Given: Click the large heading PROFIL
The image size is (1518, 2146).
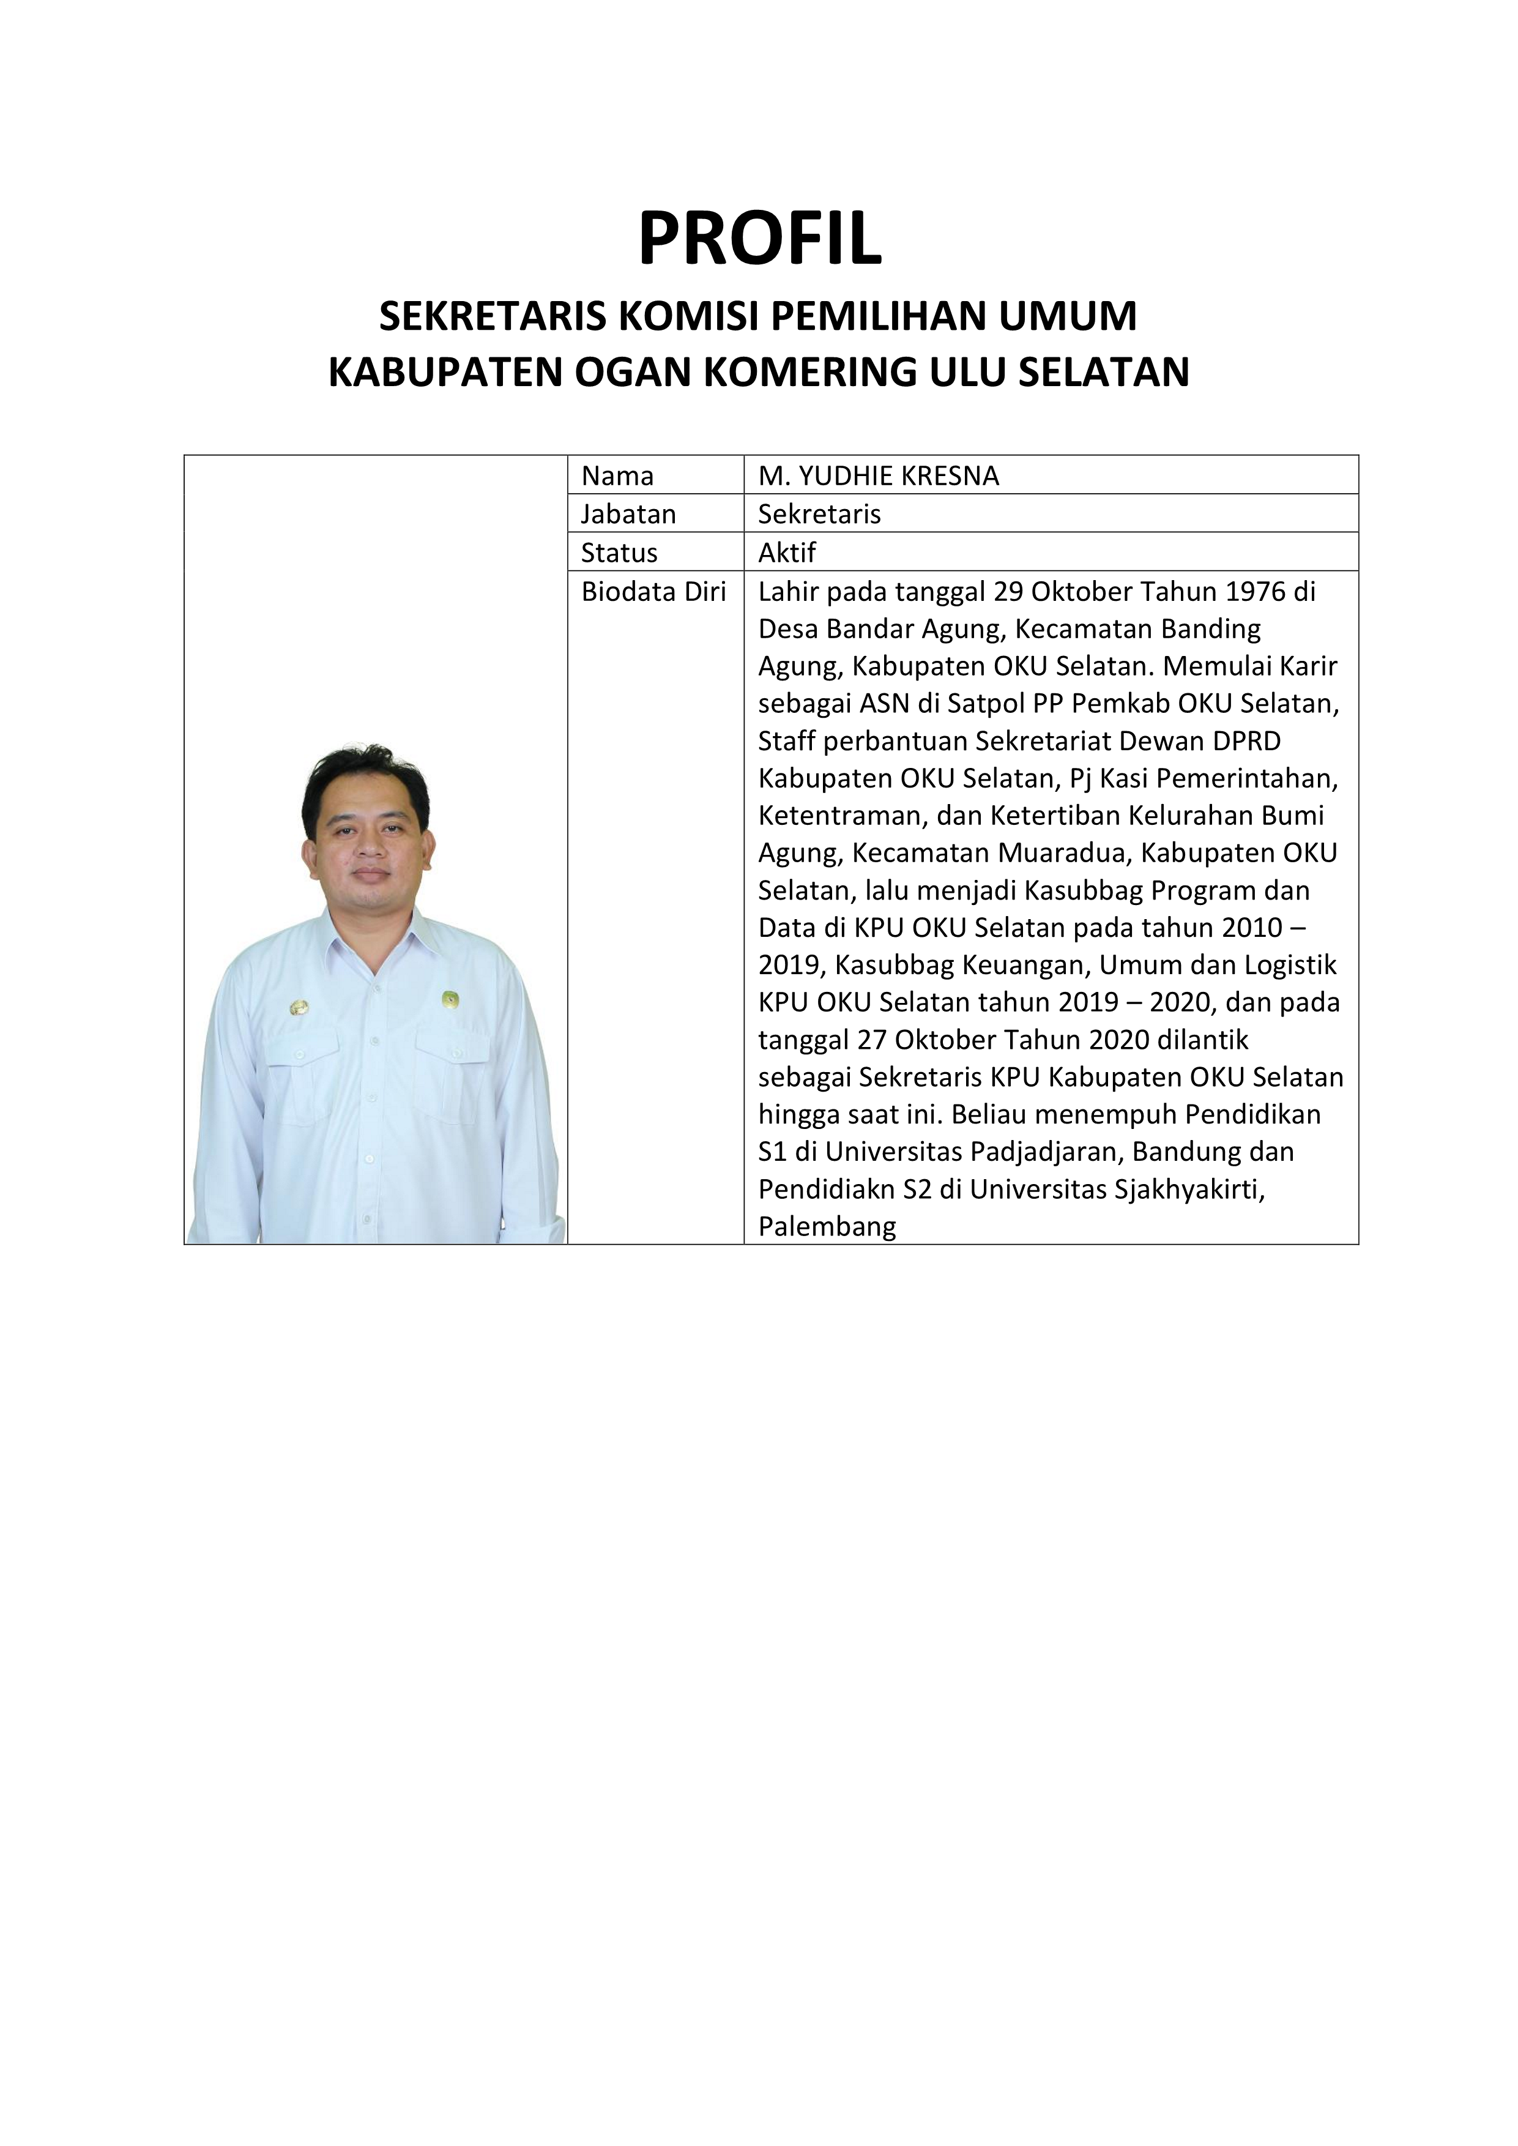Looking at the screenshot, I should coord(759,239).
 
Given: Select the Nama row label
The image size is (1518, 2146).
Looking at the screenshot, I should coord(617,475).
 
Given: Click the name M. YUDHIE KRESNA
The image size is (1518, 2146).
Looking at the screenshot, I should coord(878,475).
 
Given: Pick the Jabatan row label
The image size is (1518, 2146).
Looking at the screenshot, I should coord(628,514).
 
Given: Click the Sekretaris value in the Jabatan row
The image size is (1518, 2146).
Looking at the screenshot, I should coord(819,514).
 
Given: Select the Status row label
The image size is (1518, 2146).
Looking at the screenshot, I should coord(619,553).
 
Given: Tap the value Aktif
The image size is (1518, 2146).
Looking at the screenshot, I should coord(787,553).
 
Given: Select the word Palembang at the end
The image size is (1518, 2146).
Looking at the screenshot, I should coord(826,1226).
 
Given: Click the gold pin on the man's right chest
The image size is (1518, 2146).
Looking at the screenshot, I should coord(299,1008).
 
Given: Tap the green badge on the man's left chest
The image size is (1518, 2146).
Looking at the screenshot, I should coord(450,1000).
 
